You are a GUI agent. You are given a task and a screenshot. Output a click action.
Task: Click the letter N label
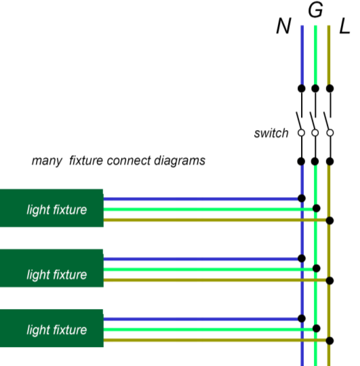click(x=283, y=26)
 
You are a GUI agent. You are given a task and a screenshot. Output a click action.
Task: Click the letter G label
click(x=315, y=9)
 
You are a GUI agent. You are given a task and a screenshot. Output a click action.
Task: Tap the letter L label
click(x=344, y=26)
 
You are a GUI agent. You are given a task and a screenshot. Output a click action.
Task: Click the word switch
click(x=271, y=133)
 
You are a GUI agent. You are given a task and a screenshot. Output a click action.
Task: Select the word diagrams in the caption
click(x=180, y=161)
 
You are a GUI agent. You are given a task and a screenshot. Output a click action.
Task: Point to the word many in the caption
click(x=47, y=161)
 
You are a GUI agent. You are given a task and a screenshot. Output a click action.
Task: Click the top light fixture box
click(x=52, y=208)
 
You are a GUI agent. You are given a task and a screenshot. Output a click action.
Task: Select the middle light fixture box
click(x=52, y=268)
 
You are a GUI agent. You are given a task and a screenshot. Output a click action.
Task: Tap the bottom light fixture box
click(x=52, y=328)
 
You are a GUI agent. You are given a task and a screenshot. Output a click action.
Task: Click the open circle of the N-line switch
click(x=302, y=133)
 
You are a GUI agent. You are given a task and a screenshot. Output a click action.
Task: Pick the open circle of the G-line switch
click(x=315, y=133)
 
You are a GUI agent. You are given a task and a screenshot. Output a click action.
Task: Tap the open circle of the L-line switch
click(x=330, y=133)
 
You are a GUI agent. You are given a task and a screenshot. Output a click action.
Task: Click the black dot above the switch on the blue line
click(x=302, y=89)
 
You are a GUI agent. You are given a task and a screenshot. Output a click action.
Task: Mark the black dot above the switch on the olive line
click(x=329, y=89)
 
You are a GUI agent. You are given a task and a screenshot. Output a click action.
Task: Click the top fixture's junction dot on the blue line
click(x=302, y=198)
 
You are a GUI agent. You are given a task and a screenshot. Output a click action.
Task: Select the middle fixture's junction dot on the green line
click(x=317, y=268)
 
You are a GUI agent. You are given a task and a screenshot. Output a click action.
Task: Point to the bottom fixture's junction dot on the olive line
click(x=329, y=341)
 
